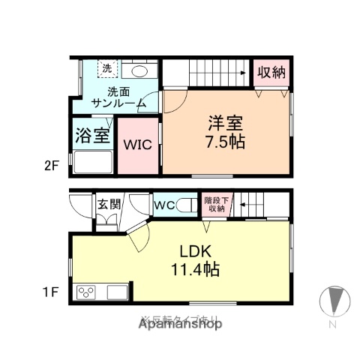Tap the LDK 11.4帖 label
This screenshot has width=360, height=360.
[198, 259]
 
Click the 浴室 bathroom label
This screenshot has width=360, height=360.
[92, 137]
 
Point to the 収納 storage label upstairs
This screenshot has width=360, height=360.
[271, 73]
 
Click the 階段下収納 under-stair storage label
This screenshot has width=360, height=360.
[215, 203]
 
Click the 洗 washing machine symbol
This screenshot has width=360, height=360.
[107, 69]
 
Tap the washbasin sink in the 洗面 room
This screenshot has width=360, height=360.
[139, 70]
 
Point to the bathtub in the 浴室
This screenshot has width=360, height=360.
[91, 163]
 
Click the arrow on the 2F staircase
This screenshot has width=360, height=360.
[243, 73]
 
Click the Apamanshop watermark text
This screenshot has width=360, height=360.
[180, 325]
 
